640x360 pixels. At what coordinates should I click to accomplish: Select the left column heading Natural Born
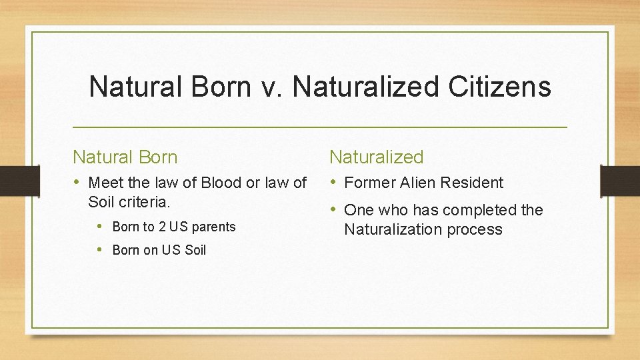(125, 157)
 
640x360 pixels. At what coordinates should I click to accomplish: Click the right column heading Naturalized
(377, 157)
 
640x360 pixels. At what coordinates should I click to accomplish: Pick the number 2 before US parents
(161, 227)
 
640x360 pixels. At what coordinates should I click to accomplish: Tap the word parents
(213, 227)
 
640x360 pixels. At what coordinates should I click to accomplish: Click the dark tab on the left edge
(12, 181)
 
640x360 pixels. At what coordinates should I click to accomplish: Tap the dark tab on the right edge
(620, 181)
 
